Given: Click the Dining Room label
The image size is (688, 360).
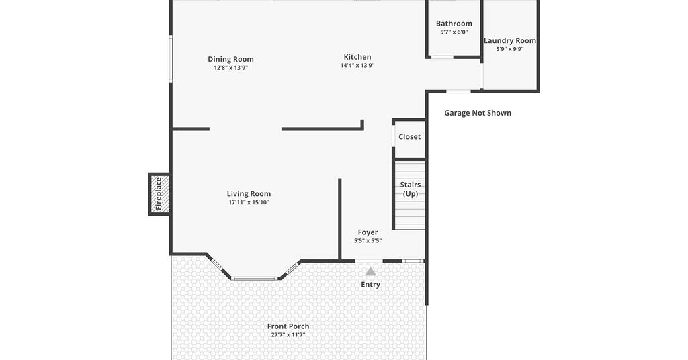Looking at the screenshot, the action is coord(231,59).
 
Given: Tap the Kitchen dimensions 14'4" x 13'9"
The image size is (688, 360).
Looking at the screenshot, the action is coord(357,66).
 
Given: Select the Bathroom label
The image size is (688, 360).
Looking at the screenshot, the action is coord(454,24).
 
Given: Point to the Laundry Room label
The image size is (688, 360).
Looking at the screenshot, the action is coord(510,41).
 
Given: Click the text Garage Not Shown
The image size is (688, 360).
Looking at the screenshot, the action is coord(478,113).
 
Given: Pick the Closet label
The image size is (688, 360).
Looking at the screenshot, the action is coord(409,137).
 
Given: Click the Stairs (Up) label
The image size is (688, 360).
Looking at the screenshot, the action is coord(411,189).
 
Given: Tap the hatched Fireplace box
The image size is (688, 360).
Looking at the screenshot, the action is coord(159,194).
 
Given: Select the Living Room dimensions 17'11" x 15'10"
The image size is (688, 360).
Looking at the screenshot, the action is coord(249,203).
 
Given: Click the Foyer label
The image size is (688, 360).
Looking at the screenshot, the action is coord(368,232).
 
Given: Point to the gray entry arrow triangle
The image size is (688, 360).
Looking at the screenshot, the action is coord(371,272).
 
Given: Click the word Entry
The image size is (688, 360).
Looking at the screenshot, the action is coord(371,285).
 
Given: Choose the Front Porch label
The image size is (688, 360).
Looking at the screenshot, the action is coord(288,326).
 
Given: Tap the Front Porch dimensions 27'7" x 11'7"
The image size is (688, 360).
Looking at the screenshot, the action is coord(288,335).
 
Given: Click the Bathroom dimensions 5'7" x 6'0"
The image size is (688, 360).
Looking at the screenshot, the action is coord(454,32).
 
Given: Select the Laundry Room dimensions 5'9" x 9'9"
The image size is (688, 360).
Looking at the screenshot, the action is coord(510,49).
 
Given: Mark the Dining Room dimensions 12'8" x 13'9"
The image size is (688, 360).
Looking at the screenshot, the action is coord(231,68).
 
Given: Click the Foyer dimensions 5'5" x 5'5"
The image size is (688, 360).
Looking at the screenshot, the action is coord(368,240).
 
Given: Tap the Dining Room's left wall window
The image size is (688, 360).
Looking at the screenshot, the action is coord(171,58).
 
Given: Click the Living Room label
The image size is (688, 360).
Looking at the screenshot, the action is coord(249,194).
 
